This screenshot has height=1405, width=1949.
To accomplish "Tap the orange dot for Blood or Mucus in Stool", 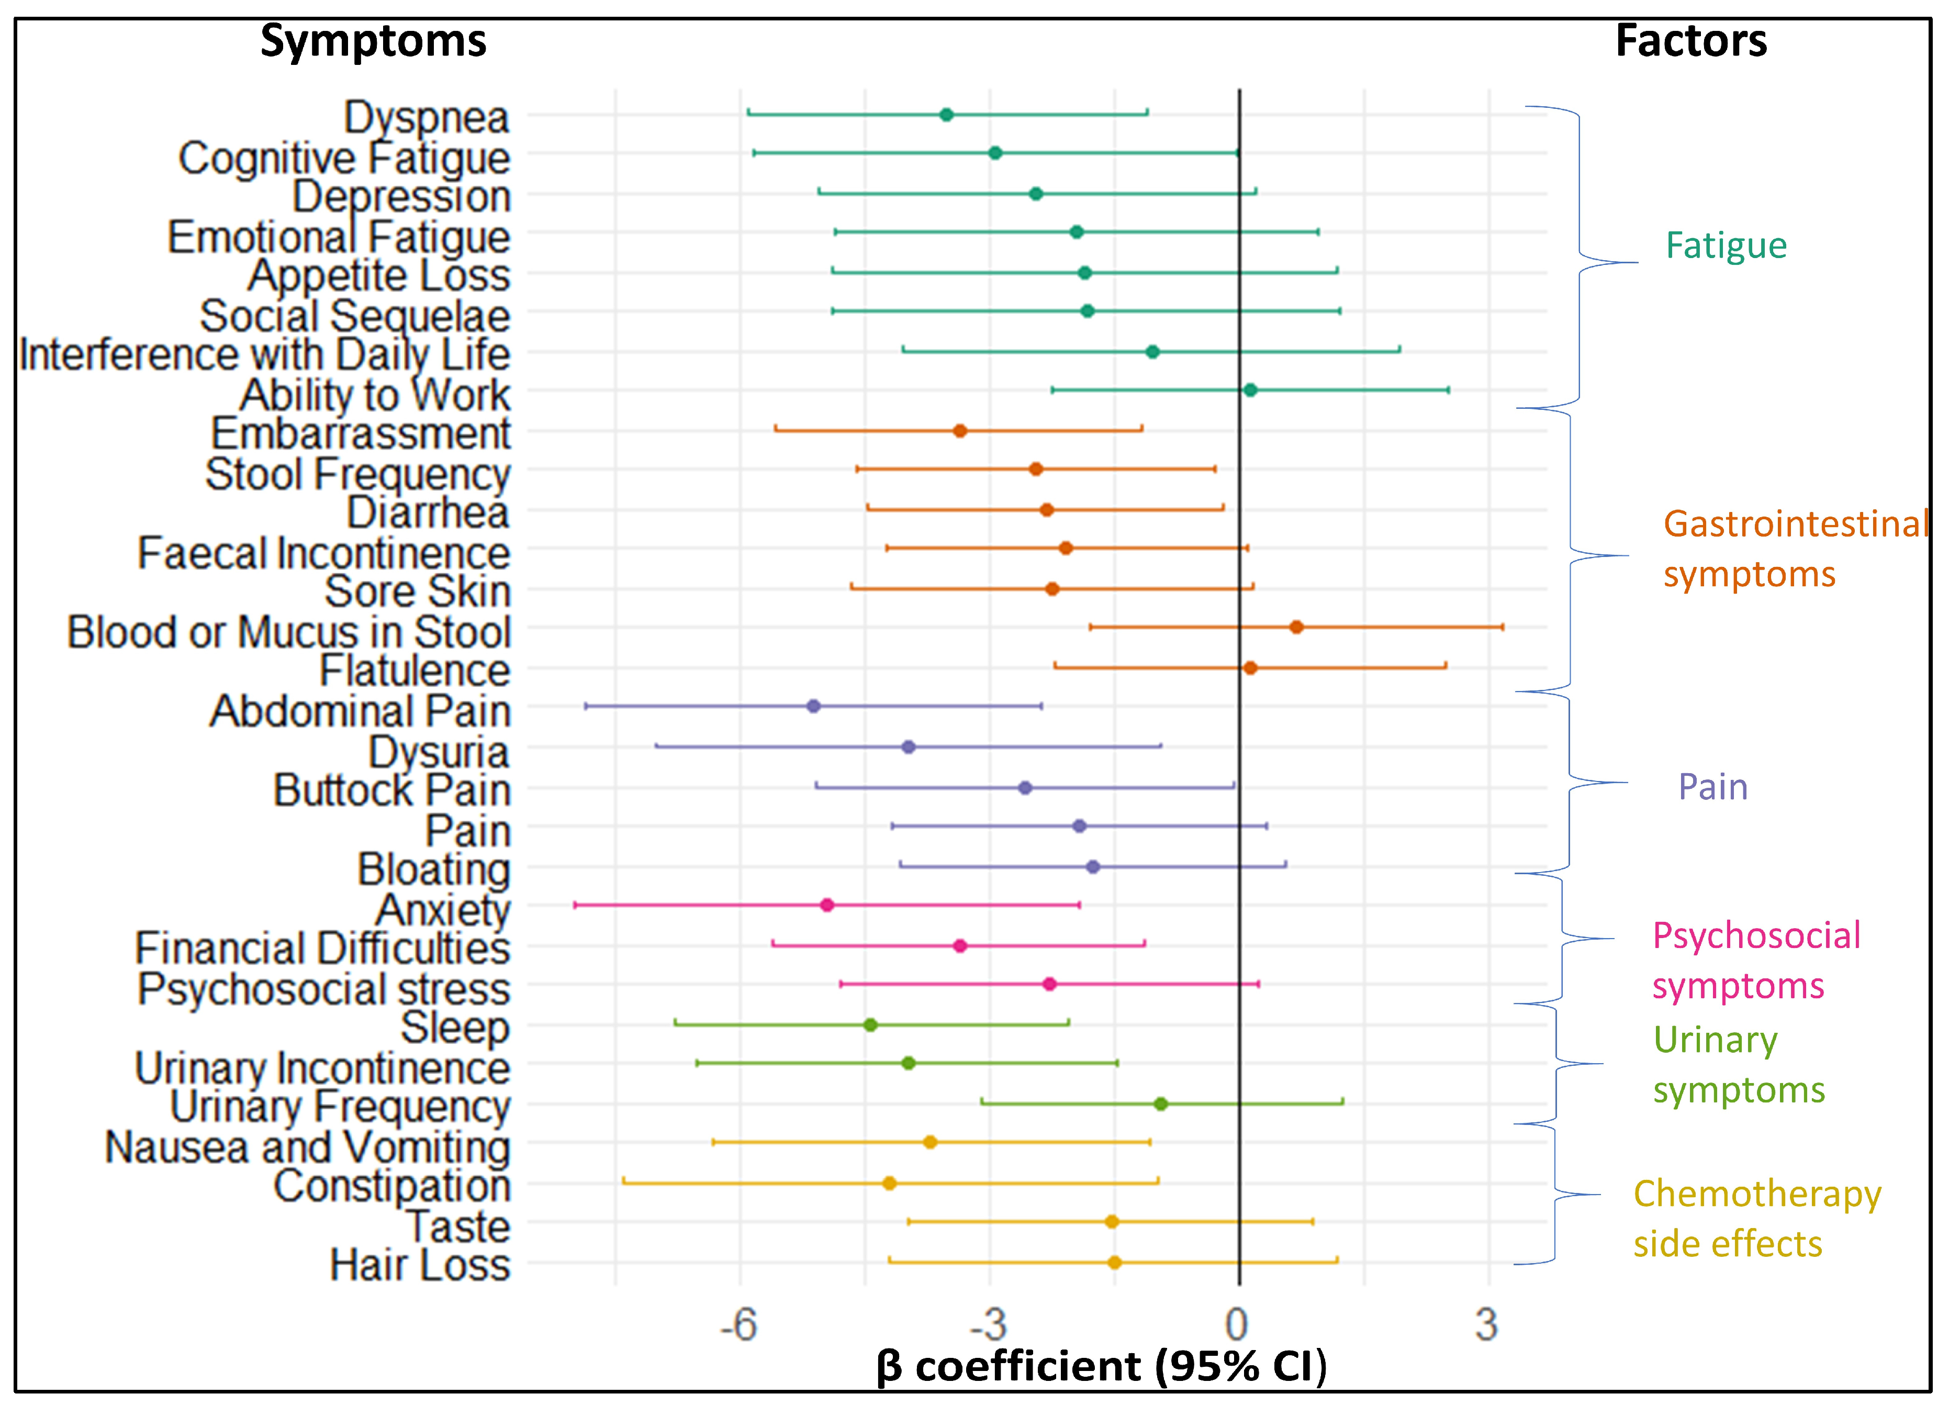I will (1296, 627).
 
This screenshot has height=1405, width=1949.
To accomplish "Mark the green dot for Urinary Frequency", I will (1160, 1103).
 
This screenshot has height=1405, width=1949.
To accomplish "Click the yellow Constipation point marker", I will (889, 1183).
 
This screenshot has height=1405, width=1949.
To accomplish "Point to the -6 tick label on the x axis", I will (738, 1324).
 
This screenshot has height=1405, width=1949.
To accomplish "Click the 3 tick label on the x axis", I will (1487, 1324).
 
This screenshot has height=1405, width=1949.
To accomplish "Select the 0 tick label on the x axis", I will (1237, 1324).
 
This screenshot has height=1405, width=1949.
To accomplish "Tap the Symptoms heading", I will (373, 40).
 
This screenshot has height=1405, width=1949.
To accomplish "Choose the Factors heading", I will (1690, 40).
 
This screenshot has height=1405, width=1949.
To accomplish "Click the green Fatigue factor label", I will (1726, 246).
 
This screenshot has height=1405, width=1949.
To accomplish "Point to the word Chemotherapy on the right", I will (1756, 1194).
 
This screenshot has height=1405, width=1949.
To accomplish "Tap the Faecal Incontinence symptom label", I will (324, 553).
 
